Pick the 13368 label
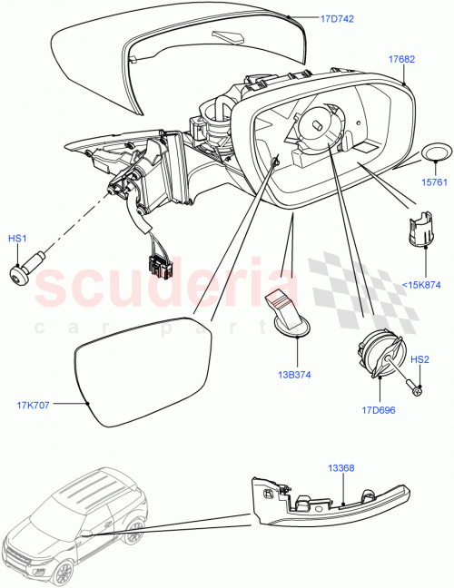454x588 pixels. (341, 469)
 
